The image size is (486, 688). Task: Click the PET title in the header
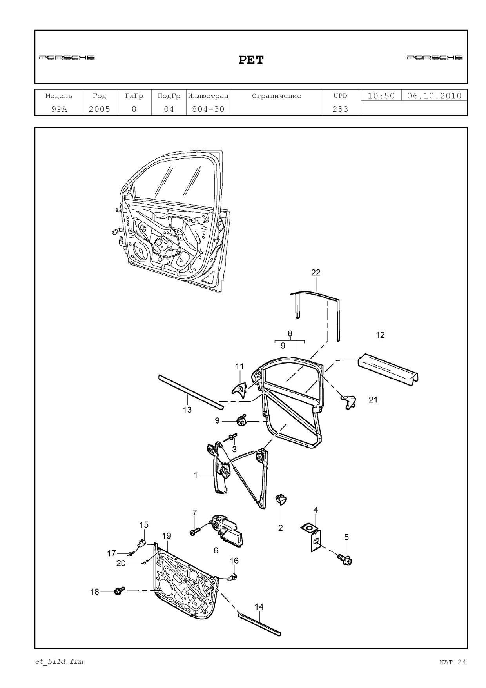(x=251, y=60)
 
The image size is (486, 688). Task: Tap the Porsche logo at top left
(x=67, y=58)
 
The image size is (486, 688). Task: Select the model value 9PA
(x=59, y=109)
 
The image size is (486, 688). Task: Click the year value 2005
(x=100, y=109)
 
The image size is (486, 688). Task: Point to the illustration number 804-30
(x=208, y=109)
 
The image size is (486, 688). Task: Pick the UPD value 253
(x=340, y=109)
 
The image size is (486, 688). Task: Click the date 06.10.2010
(x=434, y=96)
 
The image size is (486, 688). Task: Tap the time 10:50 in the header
(x=381, y=96)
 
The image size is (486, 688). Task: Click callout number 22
(x=316, y=273)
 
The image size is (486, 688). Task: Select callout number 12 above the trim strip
(x=380, y=335)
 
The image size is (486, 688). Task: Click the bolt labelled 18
(x=119, y=591)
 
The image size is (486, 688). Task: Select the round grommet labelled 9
(x=240, y=421)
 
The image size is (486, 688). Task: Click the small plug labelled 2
(x=281, y=500)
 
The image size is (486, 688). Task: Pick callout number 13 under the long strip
(x=187, y=410)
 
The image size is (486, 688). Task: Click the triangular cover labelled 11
(x=239, y=388)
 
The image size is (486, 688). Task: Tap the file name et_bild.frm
(x=59, y=662)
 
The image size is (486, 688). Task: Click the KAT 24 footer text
(x=453, y=662)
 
